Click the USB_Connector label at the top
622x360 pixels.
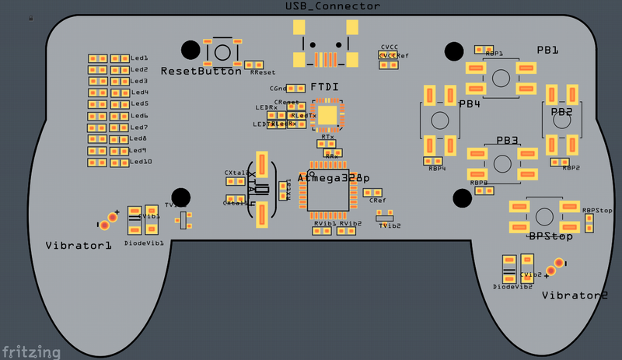pos(333,6)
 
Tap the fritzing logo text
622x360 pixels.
pos(31,351)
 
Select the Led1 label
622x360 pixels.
pos(140,58)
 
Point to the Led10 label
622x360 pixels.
pos(142,162)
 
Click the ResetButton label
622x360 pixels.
pos(201,71)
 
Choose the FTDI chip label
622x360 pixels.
pos(324,87)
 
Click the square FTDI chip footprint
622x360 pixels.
pos(328,116)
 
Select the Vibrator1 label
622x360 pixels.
pos(78,245)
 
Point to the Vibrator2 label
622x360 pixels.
pos(575,295)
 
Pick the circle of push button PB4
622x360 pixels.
pos(441,121)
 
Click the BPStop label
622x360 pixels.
pos(550,236)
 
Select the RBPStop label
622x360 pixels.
pos(597,211)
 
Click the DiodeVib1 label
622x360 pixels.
pos(144,243)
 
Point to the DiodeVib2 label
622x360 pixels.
pos(512,286)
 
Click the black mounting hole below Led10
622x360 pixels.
pos(181,196)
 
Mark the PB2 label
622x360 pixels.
pos(561,112)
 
